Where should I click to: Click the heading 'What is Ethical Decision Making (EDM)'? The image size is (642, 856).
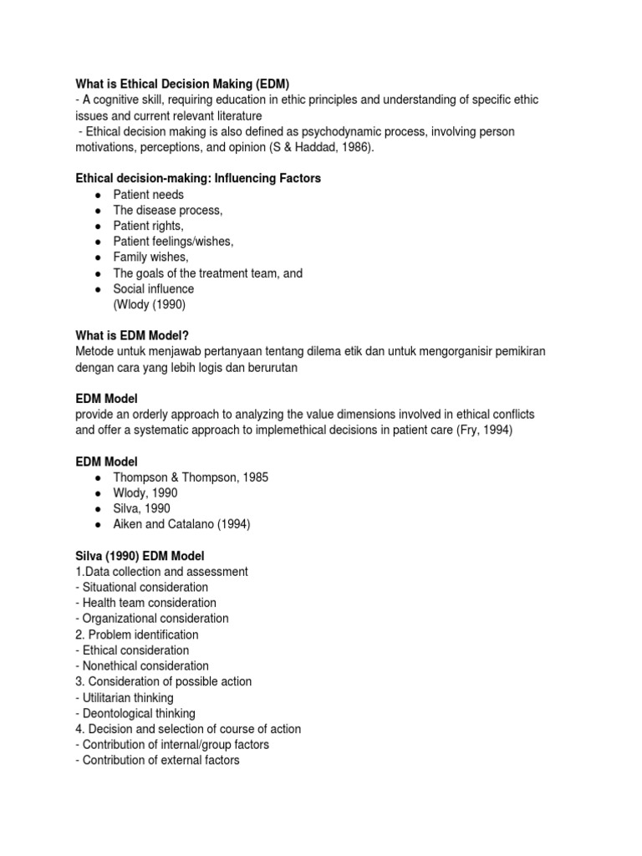[181, 84]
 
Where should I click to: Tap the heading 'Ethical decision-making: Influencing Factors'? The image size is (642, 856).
[199, 179]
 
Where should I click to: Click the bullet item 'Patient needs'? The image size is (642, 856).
[149, 195]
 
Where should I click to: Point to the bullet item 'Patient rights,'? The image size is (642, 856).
[149, 226]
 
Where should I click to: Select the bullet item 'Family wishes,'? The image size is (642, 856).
[151, 257]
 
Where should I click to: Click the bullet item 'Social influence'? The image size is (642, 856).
[154, 289]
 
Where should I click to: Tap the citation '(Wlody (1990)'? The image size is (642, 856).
[150, 304]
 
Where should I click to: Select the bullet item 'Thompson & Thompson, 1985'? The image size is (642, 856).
[191, 477]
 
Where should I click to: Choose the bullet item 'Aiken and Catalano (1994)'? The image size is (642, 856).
[182, 525]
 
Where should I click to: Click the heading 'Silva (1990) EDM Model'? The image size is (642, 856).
[140, 556]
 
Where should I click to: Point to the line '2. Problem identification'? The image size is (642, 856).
[137, 634]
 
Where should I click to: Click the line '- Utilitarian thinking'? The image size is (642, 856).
[125, 698]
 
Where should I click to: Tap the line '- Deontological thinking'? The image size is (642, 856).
[135, 714]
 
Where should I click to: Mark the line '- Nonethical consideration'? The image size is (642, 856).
[142, 666]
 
